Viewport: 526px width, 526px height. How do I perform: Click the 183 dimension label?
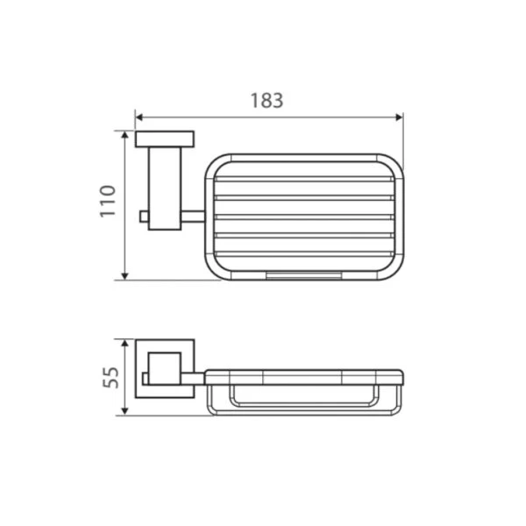click(x=267, y=100)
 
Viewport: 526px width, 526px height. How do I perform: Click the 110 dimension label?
click(x=108, y=201)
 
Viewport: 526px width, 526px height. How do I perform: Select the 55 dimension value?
click(x=110, y=378)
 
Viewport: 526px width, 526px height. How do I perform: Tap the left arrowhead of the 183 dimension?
click(x=139, y=117)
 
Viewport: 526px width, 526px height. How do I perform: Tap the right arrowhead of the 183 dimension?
click(x=399, y=117)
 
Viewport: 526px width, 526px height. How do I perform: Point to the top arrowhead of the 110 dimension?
click(x=124, y=135)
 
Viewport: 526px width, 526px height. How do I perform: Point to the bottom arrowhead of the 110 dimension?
click(x=124, y=276)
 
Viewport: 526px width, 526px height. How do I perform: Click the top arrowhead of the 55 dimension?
click(x=124, y=344)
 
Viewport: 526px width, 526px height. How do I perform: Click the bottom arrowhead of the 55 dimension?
click(x=124, y=411)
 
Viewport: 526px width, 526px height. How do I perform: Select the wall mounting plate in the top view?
click(x=165, y=139)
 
